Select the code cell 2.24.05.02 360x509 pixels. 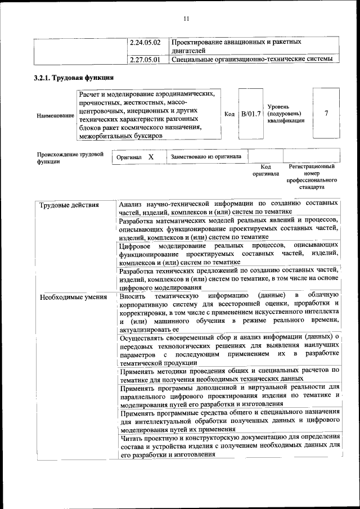(x=145, y=42)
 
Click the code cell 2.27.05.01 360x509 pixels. (x=145, y=58)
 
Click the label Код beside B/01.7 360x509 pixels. (x=229, y=114)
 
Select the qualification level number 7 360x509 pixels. (x=326, y=114)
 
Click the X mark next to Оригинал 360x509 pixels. (x=151, y=157)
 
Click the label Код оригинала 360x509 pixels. (x=266, y=170)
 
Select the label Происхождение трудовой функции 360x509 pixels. (x=70, y=157)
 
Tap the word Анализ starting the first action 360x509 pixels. (x=132, y=204)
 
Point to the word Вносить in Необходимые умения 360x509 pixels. (x=133, y=295)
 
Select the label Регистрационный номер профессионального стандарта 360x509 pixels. (x=312, y=177)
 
